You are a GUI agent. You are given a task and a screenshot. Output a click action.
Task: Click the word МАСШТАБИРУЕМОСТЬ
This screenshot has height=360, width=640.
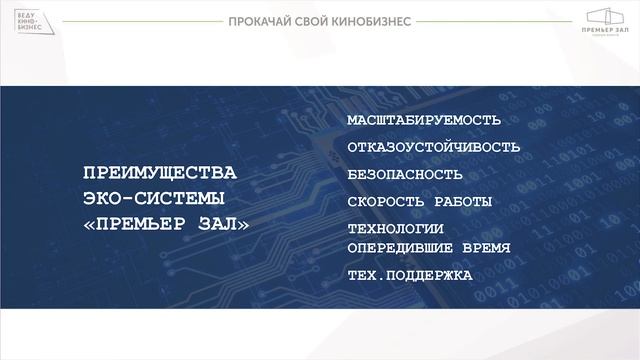[423, 121]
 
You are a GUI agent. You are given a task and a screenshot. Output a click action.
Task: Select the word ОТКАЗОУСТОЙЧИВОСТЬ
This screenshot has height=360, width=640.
[434, 148]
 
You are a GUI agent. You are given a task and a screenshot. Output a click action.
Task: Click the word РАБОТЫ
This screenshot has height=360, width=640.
[463, 202]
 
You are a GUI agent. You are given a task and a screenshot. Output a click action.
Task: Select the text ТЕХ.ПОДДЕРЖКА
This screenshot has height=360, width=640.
[409, 275]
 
